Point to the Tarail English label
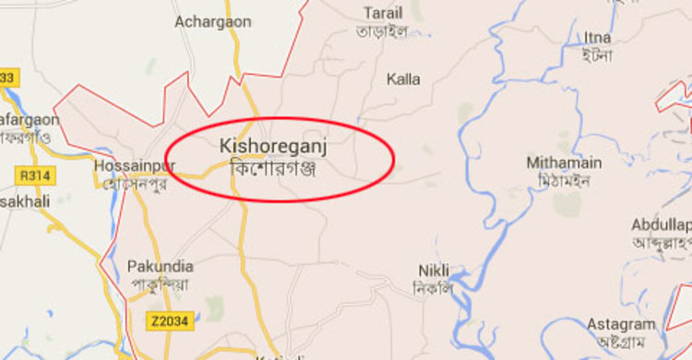pos(383,13)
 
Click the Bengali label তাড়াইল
pos(382,31)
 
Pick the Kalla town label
pos(403,79)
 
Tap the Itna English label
pos(597,37)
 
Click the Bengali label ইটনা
pos(597,55)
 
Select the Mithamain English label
pos(564,162)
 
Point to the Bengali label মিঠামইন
pos(564,180)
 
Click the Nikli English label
pos(434,270)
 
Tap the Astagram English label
pos(622,324)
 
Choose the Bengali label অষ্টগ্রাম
pos(622,342)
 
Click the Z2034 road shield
pos(166,320)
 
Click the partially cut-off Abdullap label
pos(662,225)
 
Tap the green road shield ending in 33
pos(8,78)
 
